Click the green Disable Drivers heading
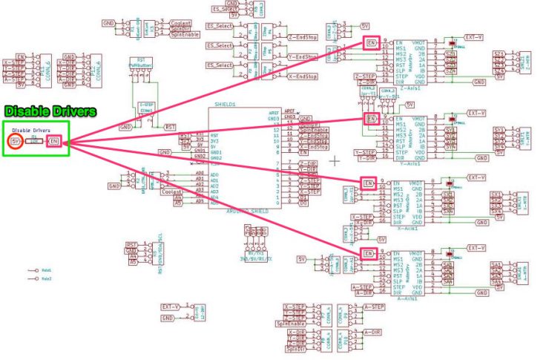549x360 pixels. click(50, 112)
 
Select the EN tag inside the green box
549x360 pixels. click(54, 140)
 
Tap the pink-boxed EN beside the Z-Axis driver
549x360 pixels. click(372, 43)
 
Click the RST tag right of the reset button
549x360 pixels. click(171, 127)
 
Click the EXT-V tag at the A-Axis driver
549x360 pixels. click(476, 247)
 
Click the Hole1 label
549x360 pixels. click(47, 271)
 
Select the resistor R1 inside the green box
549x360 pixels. click(34, 140)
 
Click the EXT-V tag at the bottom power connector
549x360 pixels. click(171, 307)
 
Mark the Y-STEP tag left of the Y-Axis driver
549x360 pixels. click(366, 152)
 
